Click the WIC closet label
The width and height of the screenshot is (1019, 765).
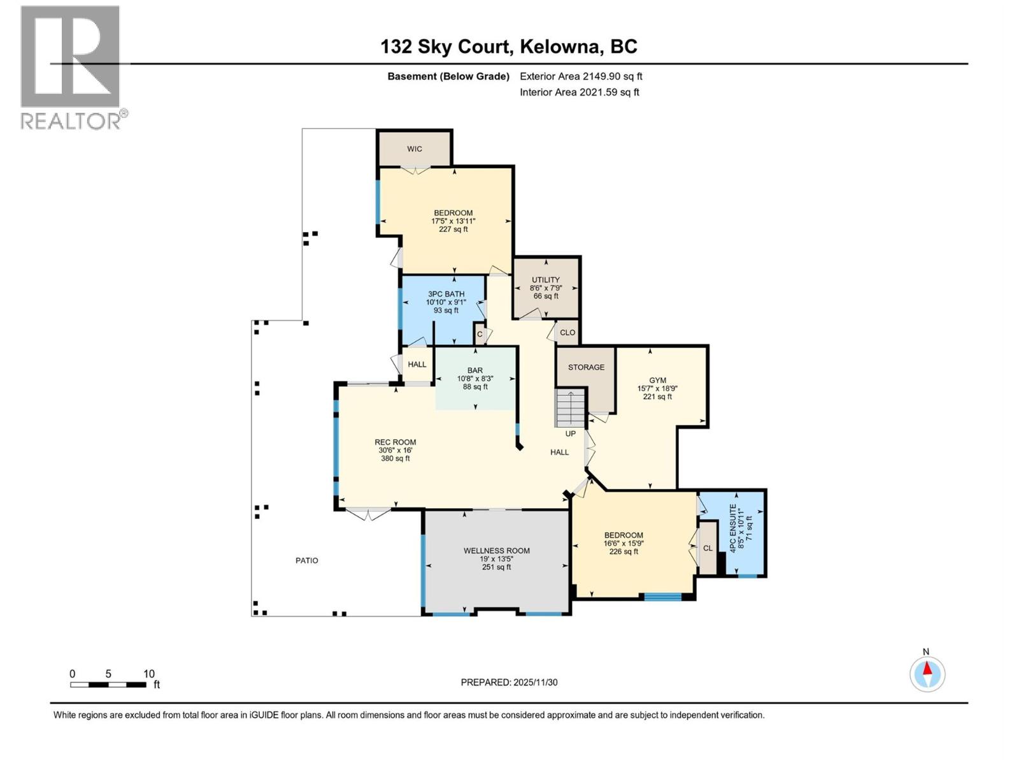(414, 149)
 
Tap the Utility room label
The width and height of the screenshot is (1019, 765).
(545, 280)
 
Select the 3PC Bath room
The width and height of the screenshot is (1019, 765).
(443, 310)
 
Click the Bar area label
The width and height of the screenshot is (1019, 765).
(475, 370)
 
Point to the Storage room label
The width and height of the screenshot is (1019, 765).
(586, 367)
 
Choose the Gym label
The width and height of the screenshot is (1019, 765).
(657, 380)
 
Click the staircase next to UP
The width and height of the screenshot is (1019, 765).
(571, 408)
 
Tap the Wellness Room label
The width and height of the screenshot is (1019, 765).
(496, 550)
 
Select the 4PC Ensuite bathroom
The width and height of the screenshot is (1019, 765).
(732, 533)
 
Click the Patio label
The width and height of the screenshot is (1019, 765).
(307, 560)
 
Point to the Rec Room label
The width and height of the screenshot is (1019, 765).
(395, 442)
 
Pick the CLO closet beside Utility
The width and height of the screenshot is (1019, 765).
(567, 333)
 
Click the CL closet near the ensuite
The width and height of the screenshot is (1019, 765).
(708, 548)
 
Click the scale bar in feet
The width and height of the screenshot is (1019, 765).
(108, 684)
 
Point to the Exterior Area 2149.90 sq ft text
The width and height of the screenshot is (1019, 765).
(581, 76)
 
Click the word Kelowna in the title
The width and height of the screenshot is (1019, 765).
(559, 47)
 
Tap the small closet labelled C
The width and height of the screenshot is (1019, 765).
(480, 334)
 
